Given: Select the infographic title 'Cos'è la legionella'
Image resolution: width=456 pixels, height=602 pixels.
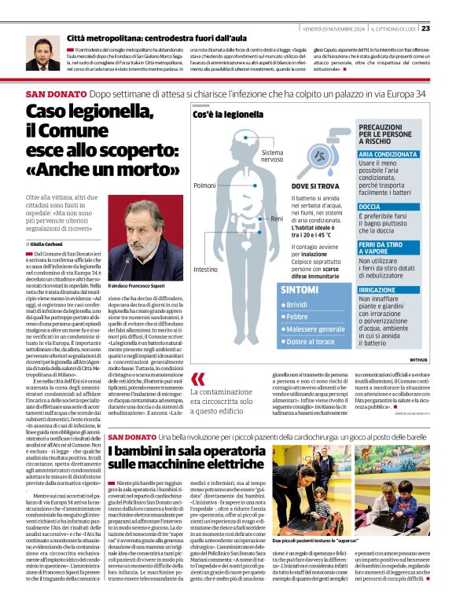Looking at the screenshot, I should (228, 115).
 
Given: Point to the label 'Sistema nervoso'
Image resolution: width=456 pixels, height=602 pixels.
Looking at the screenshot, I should (272, 156).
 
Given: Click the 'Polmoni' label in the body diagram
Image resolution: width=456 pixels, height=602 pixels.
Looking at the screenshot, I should (204, 185).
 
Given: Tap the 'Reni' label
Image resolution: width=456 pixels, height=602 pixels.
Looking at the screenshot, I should (275, 218).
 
